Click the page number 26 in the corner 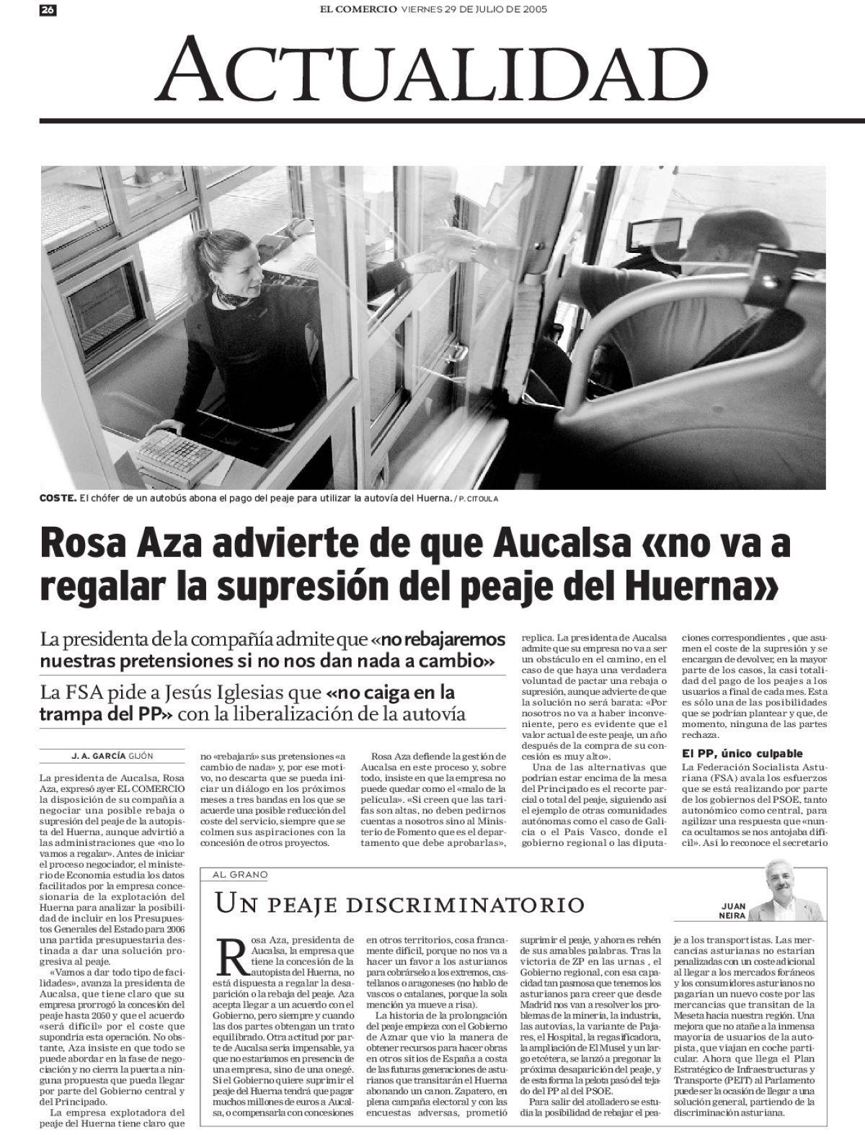click(x=49, y=10)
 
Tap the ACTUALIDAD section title click(x=432, y=69)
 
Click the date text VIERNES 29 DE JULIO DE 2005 click(x=474, y=10)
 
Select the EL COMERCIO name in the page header click(x=358, y=10)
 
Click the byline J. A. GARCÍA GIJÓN click(x=112, y=756)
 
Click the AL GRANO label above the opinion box click(x=239, y=875)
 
